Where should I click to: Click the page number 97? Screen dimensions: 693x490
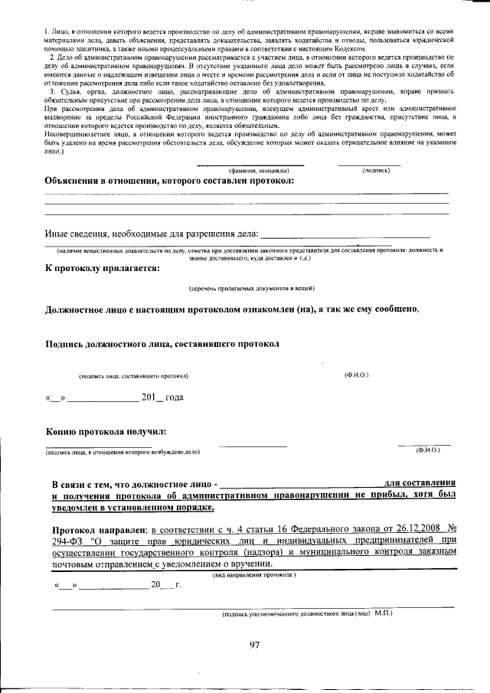coord(255,645)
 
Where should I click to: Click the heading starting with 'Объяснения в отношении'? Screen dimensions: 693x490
coord(169,181)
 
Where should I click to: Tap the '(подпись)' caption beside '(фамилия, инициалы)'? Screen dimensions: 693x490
coord(376,170)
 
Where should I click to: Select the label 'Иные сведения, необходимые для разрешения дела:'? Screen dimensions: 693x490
coord(152,234)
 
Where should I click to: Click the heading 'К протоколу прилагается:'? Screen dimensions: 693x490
coord(103,269)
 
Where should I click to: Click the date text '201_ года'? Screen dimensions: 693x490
coord(162,397)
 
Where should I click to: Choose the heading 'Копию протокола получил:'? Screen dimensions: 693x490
coord(106,431)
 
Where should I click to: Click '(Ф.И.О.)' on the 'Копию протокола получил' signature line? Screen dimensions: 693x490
coord(427,450)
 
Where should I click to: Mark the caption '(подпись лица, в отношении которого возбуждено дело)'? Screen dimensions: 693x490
coord(123,453)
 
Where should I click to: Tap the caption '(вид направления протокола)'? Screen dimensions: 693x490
coord(253,574)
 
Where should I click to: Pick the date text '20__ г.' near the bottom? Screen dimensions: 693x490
coord(165,586)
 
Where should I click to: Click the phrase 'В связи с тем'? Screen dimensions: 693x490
coord(90,484)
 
